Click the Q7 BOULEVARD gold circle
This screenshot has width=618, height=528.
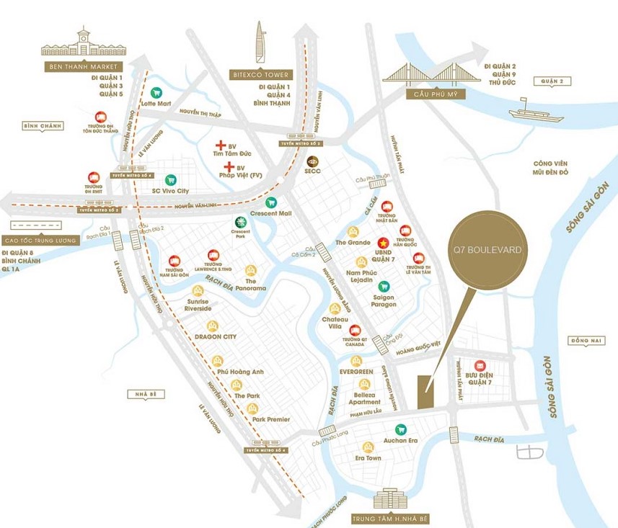(x=487, y=250)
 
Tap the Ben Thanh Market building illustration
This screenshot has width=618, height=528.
(x=84, y=45)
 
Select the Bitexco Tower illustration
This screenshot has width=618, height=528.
(x=260, y=42)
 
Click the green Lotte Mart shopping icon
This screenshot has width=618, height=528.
(x=156, y=92)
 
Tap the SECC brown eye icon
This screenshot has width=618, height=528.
(x=313, y=161)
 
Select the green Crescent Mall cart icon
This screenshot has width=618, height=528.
(x=271, y=203)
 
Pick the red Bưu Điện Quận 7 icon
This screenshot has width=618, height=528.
(x=479, y=365)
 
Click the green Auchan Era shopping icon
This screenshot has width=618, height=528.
(x=401, y=429)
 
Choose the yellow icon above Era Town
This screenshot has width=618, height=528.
(x=368, y=447)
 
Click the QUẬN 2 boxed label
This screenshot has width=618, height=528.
(x=550, y=81)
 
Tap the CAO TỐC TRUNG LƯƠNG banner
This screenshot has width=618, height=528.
(x=40, y=241)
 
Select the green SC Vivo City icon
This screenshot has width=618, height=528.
(x=170, y=180)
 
